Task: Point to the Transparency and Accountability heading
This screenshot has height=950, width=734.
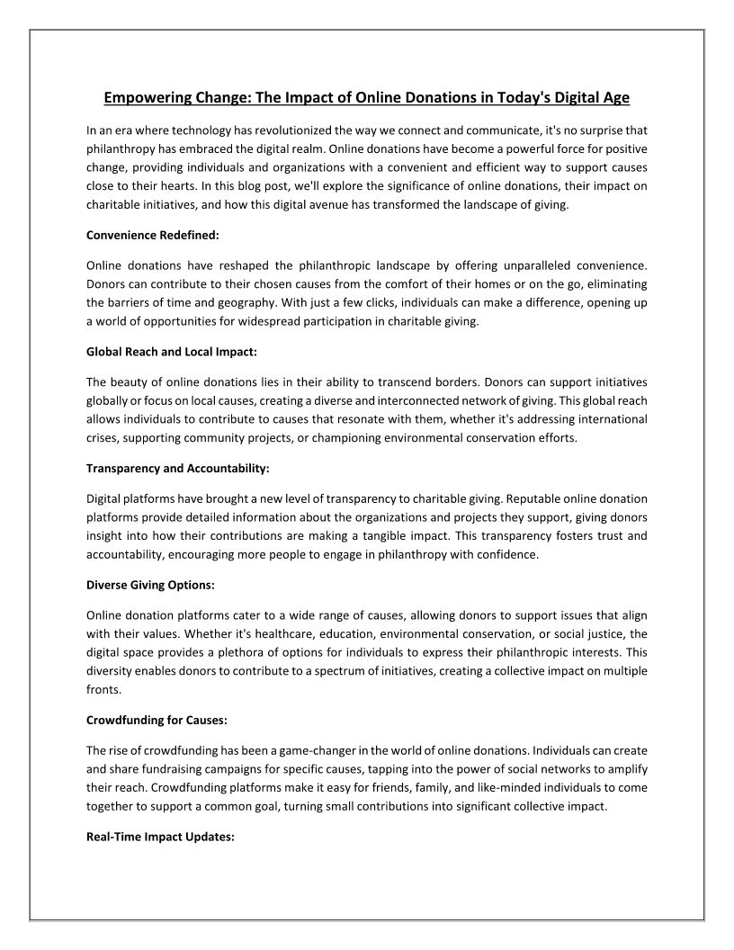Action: (x=178, y=469)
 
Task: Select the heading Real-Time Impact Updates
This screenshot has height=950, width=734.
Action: (x=160, y=836)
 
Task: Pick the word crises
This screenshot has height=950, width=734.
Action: (x=102, y=438)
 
